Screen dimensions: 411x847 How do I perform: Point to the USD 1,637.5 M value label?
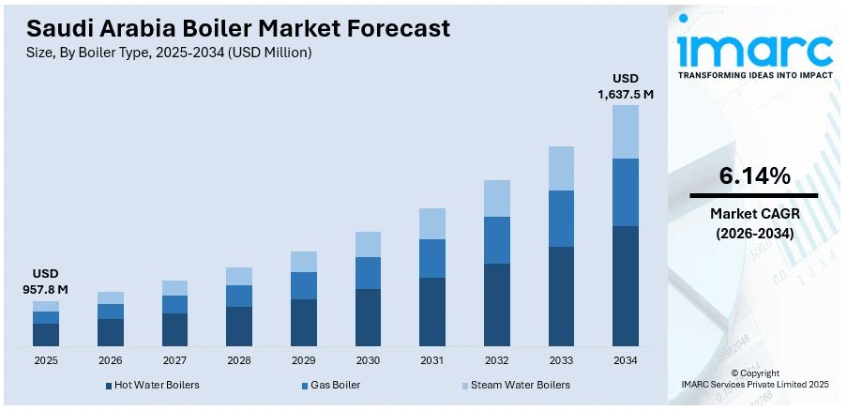(x=626, y=86)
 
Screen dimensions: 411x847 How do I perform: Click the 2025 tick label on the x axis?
(x=45, y=360)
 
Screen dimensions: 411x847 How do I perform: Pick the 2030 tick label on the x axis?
(x=368, y=360)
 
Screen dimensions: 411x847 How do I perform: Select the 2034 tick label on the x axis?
(x=626, y=360)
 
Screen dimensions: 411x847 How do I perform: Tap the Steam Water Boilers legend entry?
(x=519, y=385)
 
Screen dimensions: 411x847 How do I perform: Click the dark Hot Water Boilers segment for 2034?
(x=626, y=286)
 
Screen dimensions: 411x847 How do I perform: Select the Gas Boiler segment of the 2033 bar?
(x=561, y=219)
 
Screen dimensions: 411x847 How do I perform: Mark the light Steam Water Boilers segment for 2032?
(x=497, y=198)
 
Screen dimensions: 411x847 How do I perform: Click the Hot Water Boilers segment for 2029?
(x=303, y=323)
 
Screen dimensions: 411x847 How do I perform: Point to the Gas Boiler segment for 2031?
(x=432, y=258)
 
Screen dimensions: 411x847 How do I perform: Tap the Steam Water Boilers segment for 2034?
(x=626, y=131)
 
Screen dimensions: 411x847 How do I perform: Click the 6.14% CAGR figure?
(x=753, y=175)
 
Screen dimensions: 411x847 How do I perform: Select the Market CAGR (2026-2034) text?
(x=753, y=223)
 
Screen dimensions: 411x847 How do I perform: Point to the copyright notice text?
(x=754, y=378)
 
